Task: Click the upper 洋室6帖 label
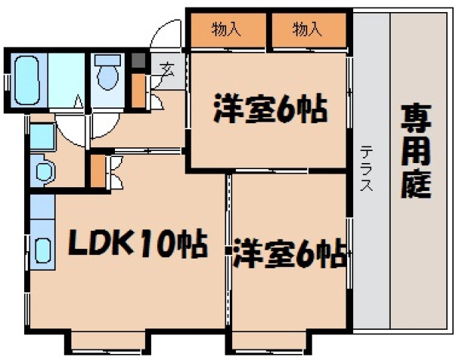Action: click(x=269, y=110)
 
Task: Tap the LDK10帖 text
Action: click(x=138, y=244)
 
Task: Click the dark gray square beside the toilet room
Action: click(x=137, y=62)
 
